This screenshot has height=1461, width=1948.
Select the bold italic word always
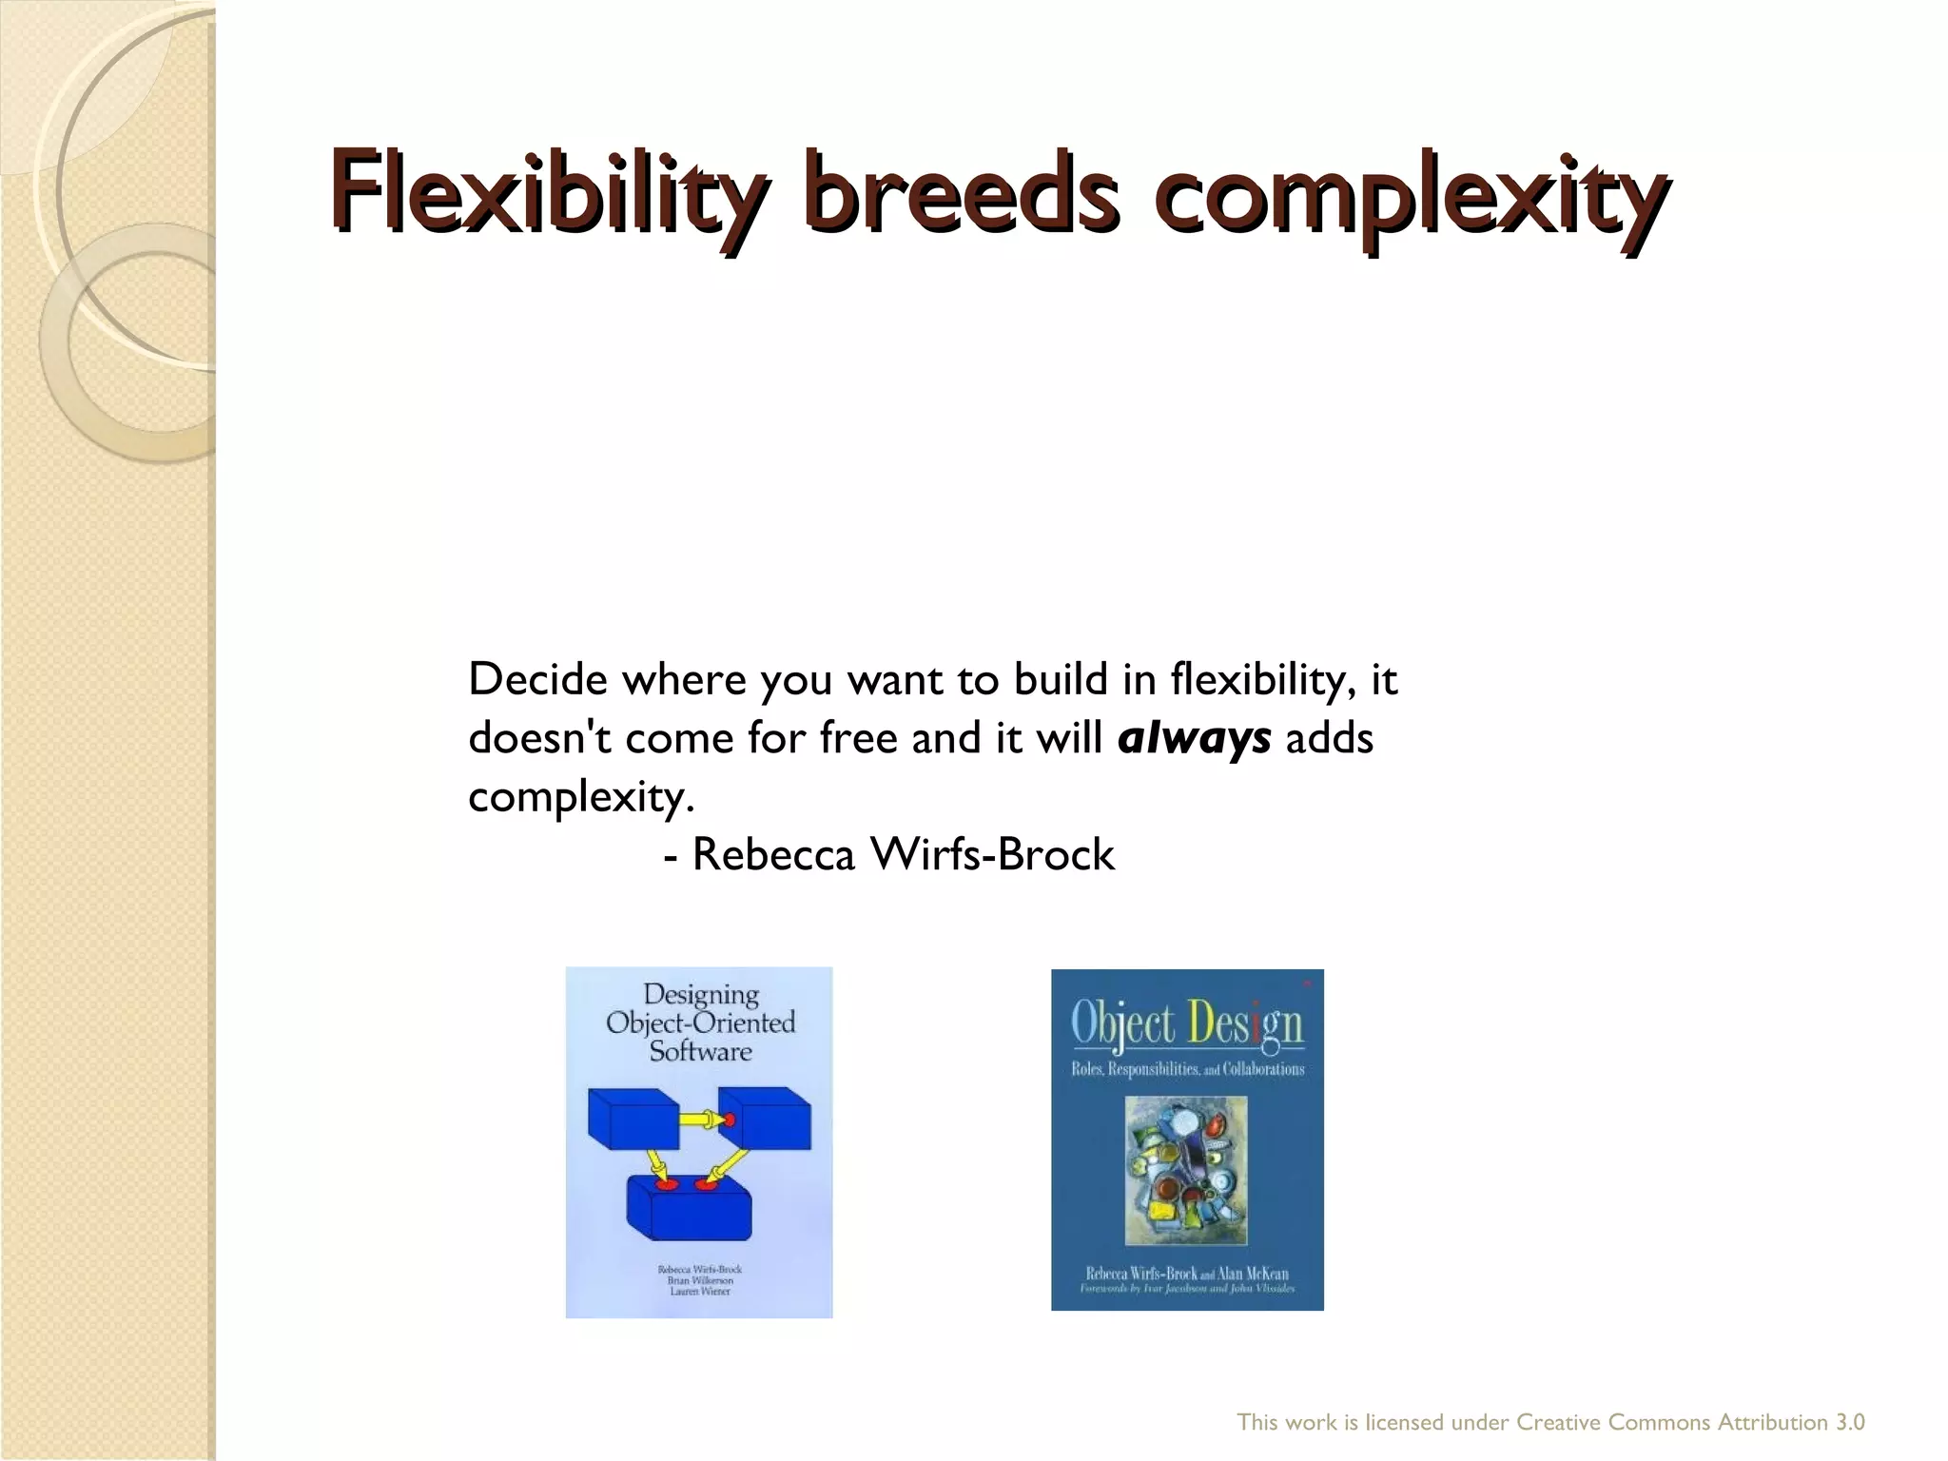(x=1195, y=738)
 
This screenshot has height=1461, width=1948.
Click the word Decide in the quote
(x=537, y=679)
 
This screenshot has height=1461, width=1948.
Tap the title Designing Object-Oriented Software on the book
(x=701, y=1023)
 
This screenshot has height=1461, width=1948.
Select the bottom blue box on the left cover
(x=689, y=1208)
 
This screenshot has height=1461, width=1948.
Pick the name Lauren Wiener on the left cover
(x=699, y=1292)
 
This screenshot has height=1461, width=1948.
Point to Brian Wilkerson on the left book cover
(x=699, y=1280)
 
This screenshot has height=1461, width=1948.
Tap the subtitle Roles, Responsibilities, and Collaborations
(x=1187, y=1069)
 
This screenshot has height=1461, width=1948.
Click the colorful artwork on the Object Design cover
(x=1185, y=1170)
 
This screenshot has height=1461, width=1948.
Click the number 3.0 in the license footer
(x=1849, y=1423)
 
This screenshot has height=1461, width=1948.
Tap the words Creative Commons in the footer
(x=1613, y=1423)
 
